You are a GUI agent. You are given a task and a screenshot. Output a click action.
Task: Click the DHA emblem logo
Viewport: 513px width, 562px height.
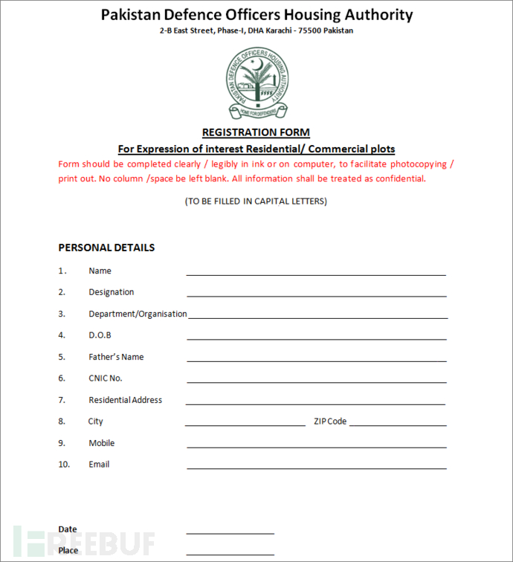256,83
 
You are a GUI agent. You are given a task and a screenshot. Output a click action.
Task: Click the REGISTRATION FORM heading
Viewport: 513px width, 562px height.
256,133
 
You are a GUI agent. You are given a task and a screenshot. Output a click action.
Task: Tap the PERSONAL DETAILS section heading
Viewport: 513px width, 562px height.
106,248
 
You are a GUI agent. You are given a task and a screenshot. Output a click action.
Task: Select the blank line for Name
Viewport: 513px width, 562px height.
316,273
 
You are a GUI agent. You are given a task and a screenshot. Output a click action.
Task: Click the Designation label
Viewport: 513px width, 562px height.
112,292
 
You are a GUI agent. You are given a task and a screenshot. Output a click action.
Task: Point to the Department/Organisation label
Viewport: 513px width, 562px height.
138,314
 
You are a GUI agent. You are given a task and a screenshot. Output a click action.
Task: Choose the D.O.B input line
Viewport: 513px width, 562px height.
316,337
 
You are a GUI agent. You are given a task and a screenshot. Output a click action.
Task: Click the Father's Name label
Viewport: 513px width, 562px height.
116,357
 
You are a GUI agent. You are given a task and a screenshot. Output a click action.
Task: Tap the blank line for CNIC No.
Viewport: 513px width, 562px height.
316,381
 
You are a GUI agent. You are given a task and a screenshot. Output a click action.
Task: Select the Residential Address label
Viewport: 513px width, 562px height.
125,400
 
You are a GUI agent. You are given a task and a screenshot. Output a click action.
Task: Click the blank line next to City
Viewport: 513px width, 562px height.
245,424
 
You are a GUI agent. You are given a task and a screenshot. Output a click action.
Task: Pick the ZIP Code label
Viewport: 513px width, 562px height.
330,421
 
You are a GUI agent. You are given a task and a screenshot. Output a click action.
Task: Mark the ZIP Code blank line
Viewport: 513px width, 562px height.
398,424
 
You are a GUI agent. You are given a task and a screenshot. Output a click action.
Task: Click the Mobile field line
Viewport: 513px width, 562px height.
316,445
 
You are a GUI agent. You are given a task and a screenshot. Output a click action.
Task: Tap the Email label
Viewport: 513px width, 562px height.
99,465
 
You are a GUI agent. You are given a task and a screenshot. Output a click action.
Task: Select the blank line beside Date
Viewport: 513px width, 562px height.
230,532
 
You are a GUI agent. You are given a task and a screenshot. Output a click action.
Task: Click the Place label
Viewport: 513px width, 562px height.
68,551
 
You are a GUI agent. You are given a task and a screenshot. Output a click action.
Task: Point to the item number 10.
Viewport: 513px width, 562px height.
64,465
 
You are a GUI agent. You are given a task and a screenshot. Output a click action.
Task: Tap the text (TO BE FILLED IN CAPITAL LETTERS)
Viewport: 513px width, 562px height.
256,201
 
